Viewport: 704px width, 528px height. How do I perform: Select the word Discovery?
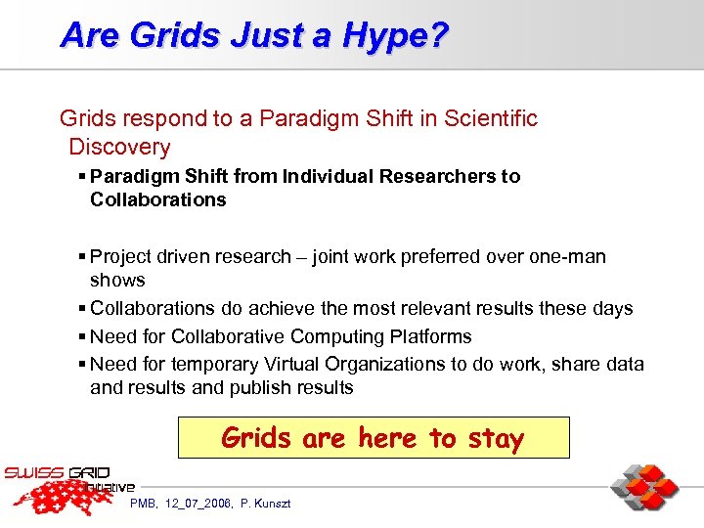(119, 148)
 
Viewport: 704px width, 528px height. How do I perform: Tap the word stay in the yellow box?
(496, 438)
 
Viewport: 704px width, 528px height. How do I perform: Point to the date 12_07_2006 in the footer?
(199, 504)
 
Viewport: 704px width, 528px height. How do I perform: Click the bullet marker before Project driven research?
(81, 257)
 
